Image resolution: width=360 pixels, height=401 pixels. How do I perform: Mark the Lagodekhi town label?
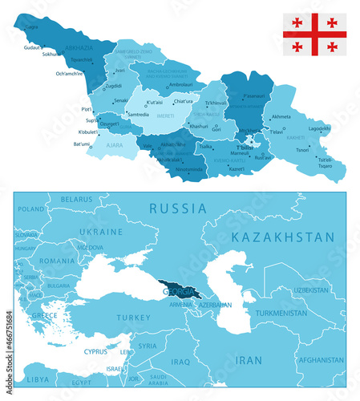[320, 128]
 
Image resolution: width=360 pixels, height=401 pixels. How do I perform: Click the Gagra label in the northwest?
[31, 26]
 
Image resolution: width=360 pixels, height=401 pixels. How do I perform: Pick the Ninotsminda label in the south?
[190, 169]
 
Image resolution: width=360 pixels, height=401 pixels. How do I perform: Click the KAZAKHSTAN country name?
[281, 237]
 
